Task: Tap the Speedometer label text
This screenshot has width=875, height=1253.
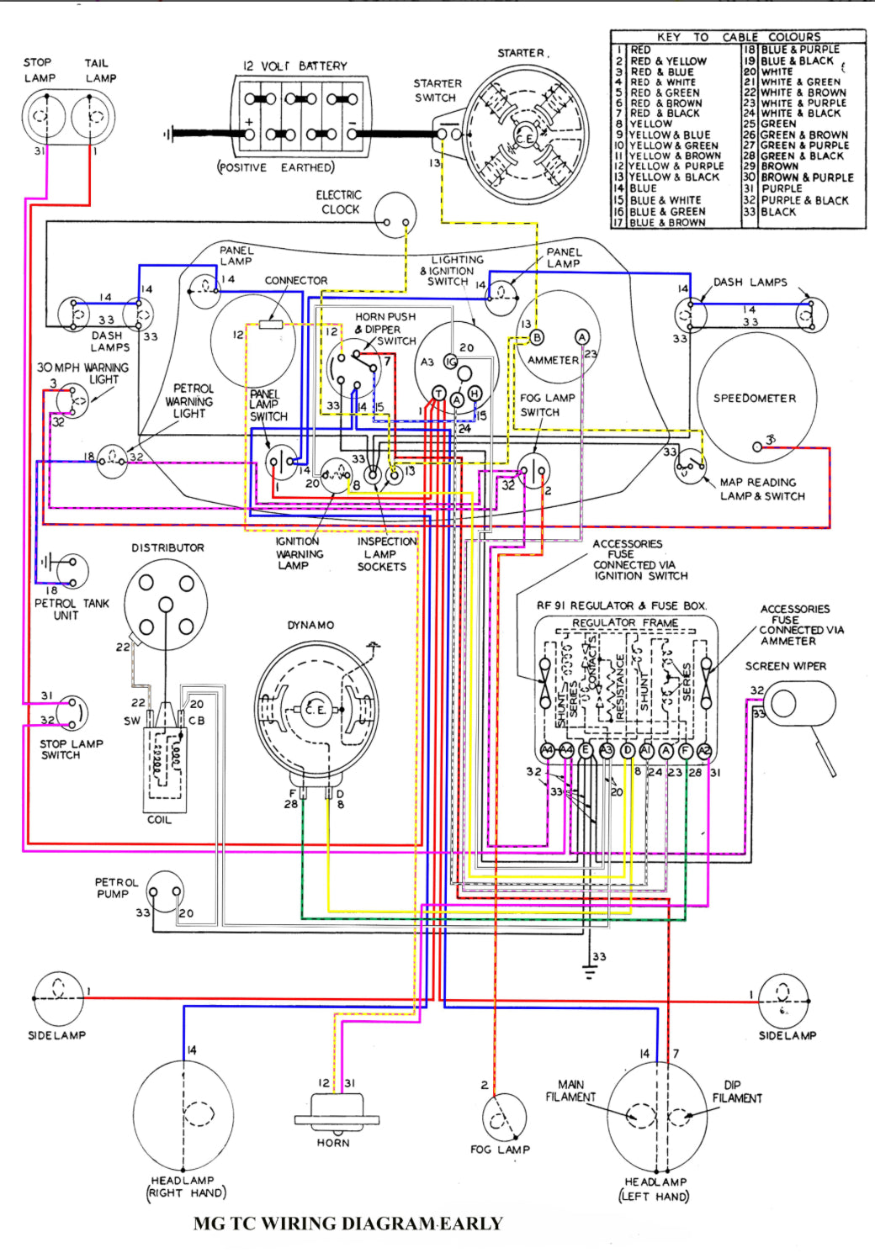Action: pos(754,399)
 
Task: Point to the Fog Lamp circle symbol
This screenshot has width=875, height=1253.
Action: pos(504,1117)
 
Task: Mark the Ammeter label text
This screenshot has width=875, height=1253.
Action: pos(553,360)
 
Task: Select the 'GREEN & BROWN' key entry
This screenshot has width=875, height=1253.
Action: pos(803,135)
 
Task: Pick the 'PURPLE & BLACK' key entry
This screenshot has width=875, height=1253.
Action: pos(804,200)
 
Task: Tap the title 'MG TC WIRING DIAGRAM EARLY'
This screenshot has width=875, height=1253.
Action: pos(347,1224)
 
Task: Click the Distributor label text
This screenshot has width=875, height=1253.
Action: pos(167,547)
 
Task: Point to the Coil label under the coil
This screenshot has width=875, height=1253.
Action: pos(159,820)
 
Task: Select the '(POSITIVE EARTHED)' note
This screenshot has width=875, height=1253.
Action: pos(276,167)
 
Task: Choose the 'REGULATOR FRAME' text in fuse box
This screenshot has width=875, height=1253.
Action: pos(625,623)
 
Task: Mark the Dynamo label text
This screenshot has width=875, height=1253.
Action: pos(310,625)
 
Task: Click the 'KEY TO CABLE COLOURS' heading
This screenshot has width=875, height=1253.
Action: pos(738,37)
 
